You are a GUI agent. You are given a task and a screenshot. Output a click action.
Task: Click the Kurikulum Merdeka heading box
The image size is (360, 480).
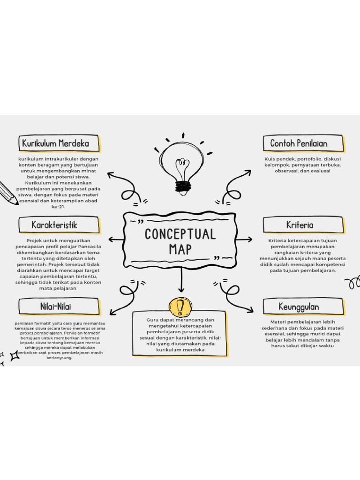[59, 143]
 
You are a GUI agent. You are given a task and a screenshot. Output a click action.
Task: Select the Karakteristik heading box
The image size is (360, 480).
[59, 225]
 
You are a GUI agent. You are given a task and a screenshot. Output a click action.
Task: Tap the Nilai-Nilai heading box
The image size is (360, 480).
[59, 307]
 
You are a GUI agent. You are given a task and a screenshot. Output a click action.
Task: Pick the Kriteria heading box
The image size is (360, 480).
[303, 225]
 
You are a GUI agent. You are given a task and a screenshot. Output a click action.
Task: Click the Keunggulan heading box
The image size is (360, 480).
[303, 307]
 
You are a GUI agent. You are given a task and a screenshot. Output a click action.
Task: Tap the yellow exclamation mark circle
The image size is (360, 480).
[180, 307]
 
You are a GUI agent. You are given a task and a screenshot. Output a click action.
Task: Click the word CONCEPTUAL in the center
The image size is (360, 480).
[180, 234]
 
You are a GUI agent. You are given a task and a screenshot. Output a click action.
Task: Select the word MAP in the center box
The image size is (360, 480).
[180, 249]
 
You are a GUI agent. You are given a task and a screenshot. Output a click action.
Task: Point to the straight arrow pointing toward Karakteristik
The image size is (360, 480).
[116, 240]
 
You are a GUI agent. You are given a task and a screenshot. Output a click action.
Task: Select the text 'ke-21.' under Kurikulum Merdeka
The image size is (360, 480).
[58, 206]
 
